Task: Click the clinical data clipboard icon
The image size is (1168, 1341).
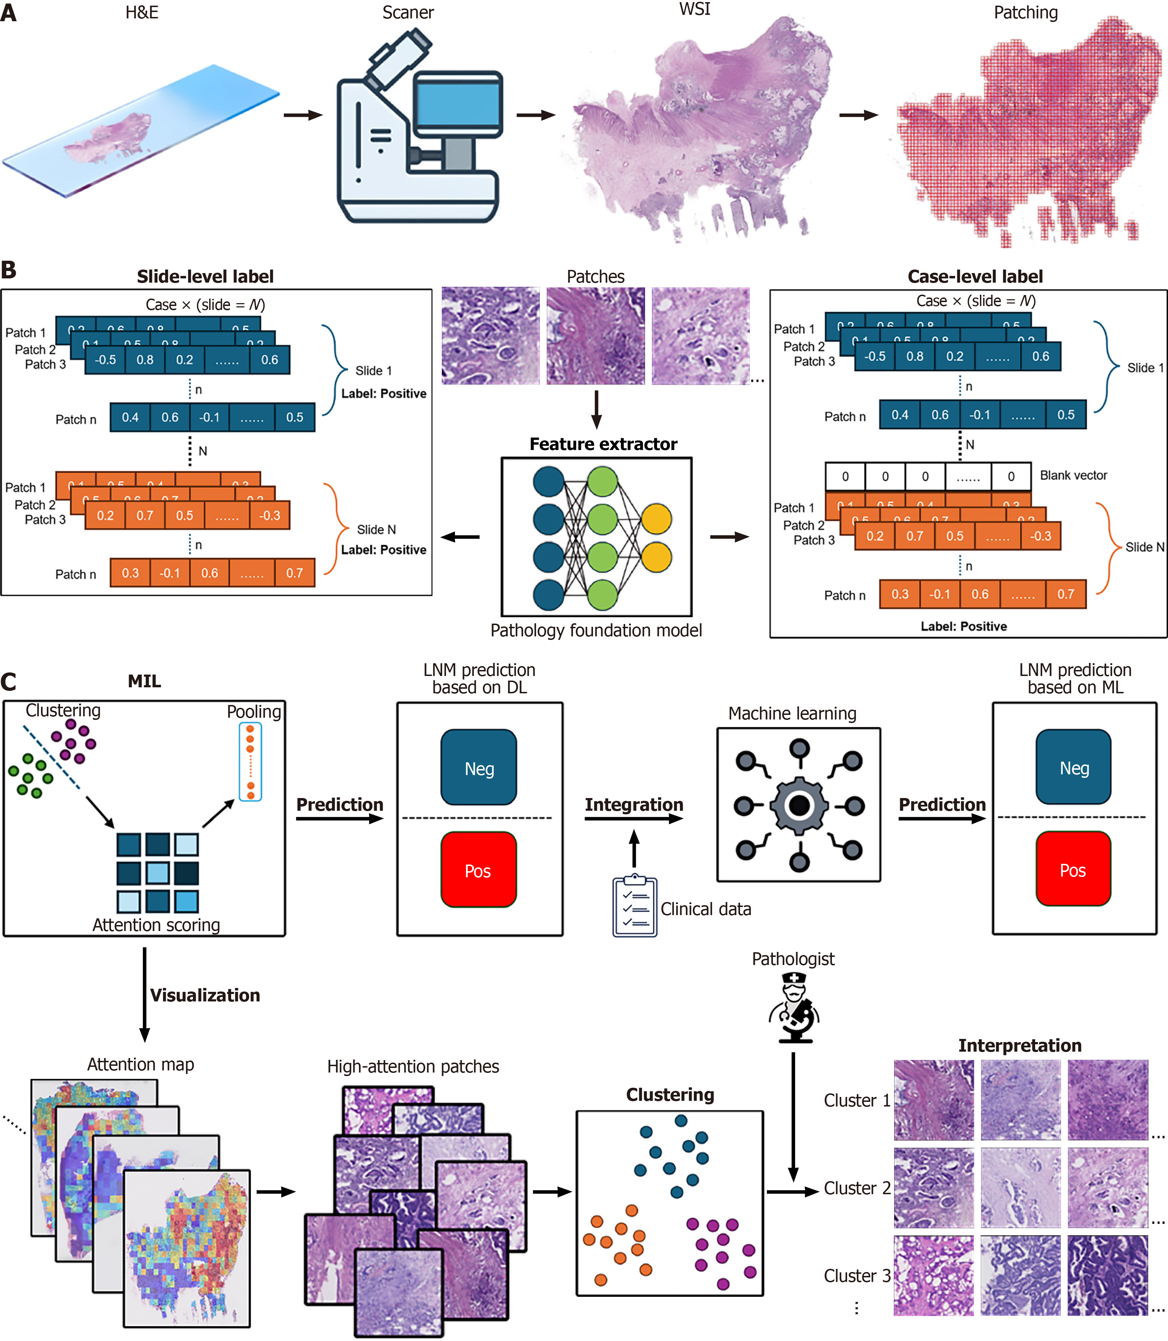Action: click(x=634, y=906)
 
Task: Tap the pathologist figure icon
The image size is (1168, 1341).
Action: click(x=794, y=1008)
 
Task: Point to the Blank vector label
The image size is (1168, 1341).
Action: click(x=1073, y=475)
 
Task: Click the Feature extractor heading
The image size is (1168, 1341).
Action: click(x=603, y=444)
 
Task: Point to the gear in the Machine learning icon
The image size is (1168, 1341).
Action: click(x=799, y=805)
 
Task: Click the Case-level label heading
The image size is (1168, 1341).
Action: click(x=975, y=277)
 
